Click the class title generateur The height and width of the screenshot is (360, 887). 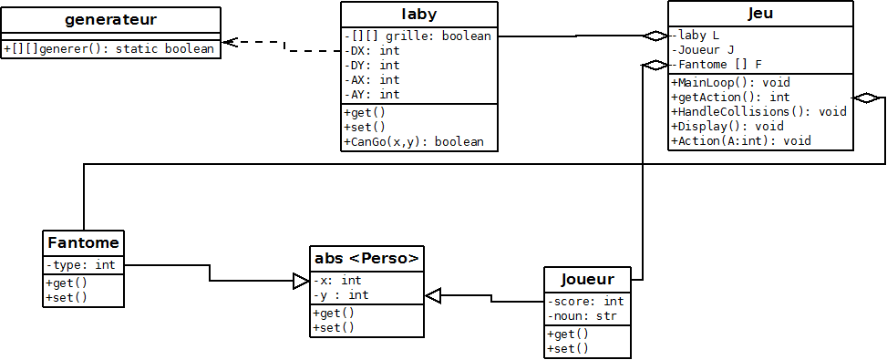pos(112,19)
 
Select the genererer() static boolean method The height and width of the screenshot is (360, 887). pos(112,49)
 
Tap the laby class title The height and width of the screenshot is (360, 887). pos(419,14)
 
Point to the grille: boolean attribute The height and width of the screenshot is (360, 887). pos(419,36)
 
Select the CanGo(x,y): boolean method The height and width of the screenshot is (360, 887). pos(415,141)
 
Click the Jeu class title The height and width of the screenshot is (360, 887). pos(762,14)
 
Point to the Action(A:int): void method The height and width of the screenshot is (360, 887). pos(741,140)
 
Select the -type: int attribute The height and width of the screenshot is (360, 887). pos(80,264)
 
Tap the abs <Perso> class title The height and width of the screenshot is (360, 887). pos(366,258)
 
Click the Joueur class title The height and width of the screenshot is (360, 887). pos(587,279)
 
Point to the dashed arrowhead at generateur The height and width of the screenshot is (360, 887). pos(231,42)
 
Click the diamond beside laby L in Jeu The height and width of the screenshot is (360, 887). pos(654,36)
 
